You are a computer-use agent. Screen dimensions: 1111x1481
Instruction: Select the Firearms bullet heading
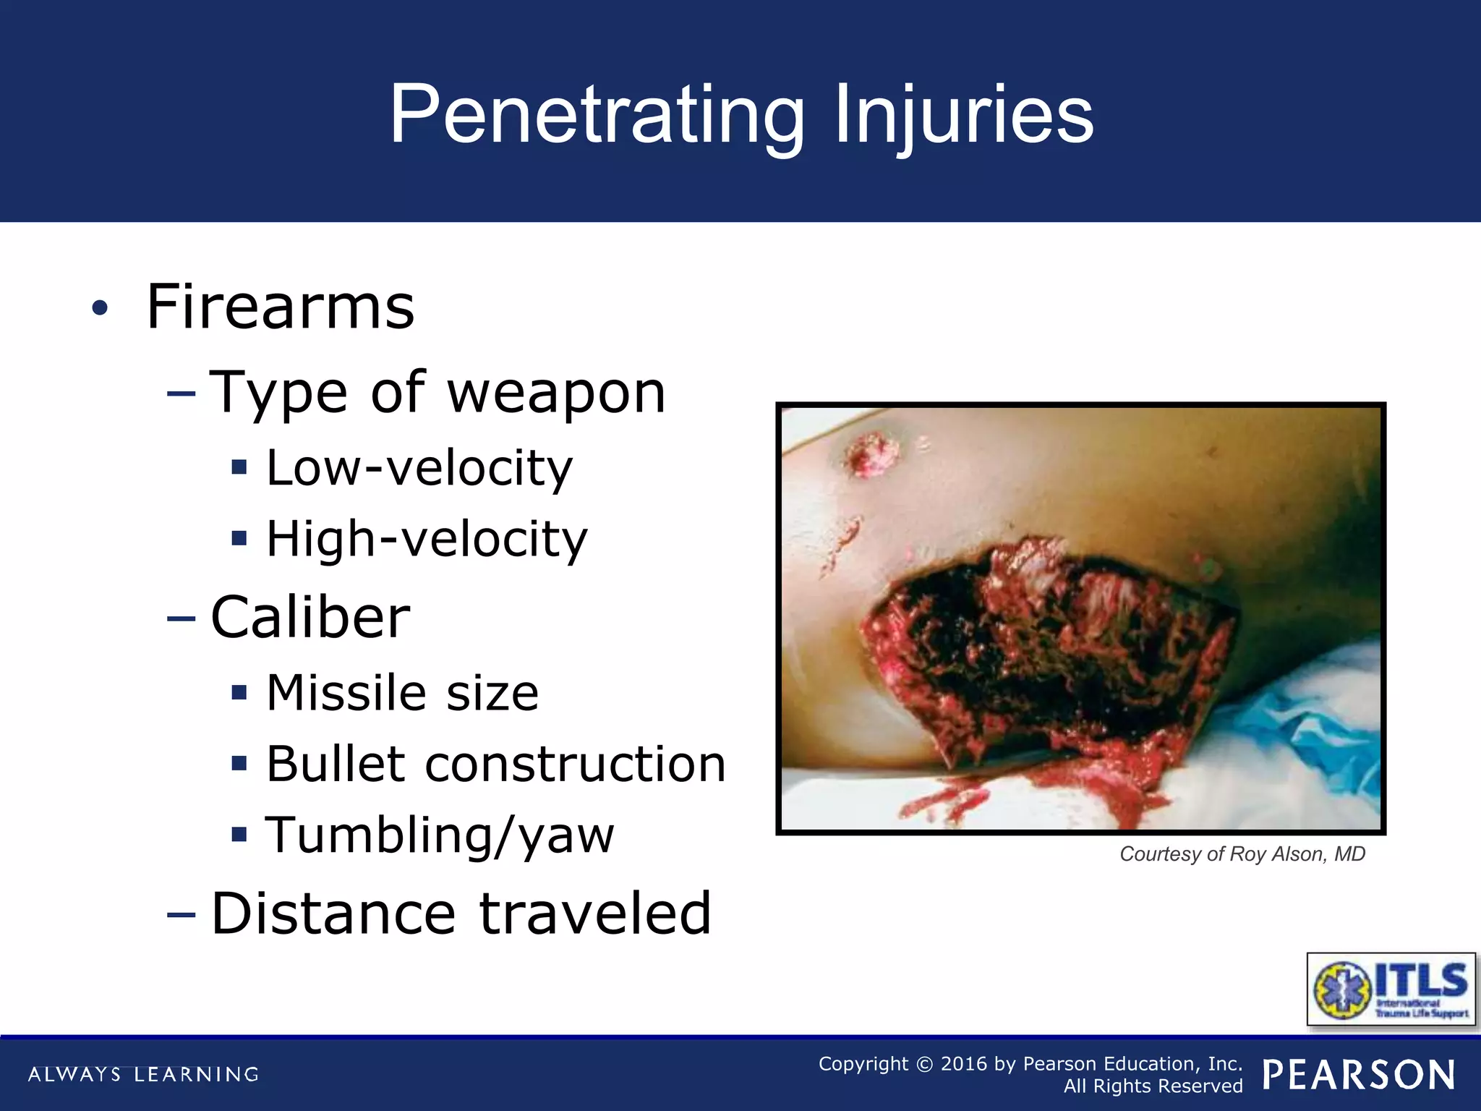(x=281, y=307)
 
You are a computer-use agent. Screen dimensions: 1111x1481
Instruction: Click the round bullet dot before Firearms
(x=100, y=308)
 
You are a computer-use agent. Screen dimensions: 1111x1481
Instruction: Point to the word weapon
(x=556, y=393)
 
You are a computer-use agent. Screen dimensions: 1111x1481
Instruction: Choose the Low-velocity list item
(x=419, y=468)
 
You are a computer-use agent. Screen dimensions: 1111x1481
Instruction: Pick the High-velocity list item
(x=427, y=539)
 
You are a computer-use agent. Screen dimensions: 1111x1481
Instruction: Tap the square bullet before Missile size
(x=239, y=693)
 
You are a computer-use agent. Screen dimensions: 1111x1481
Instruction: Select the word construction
(x=575, y=764)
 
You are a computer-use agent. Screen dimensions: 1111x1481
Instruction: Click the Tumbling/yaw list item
(x=440, y=835)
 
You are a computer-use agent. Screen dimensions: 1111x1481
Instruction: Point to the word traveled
(x=595, y=913)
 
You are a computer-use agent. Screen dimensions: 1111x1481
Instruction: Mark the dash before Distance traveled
(x=181, y=914)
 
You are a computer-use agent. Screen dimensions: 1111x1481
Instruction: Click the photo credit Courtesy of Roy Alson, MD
(x=1242, y=854)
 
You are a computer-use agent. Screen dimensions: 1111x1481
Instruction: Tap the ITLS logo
(x=1391, y=989)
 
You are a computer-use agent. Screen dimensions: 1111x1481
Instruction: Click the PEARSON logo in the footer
(x=1359, y=1075)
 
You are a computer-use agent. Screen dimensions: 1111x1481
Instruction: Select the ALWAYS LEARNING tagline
(x=143, y=1074)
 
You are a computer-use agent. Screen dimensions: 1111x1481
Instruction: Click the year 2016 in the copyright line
(x=963, y=1063)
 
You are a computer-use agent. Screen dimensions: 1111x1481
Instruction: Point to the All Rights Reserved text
(x=1153, y=1086)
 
